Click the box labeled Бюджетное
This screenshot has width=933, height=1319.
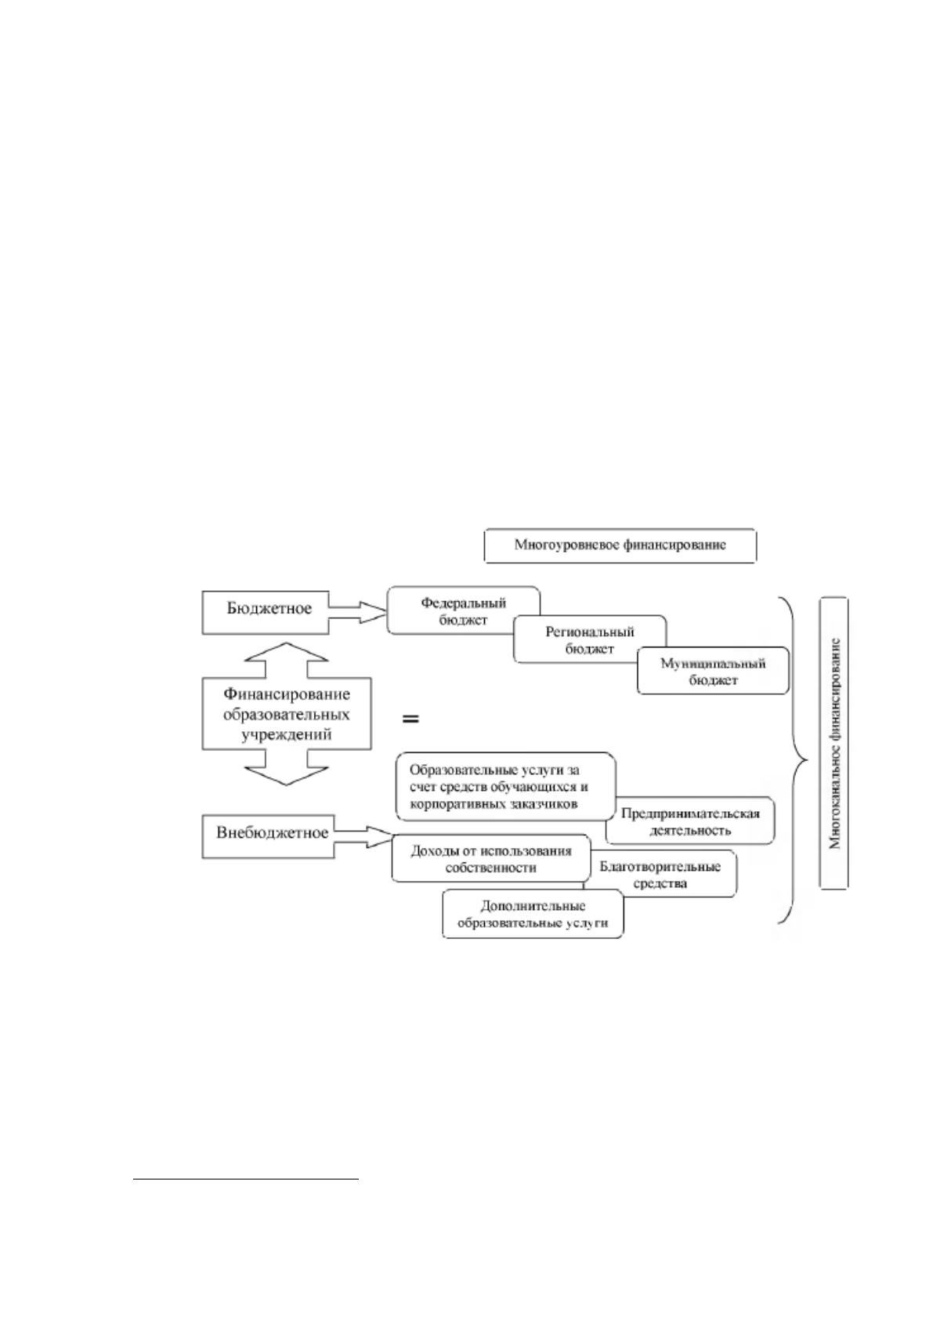pos(265,612)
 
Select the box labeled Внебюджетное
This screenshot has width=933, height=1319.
pos(268,836)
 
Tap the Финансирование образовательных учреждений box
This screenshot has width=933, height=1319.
pos(286,714)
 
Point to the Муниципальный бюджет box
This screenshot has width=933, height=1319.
pos(713,671)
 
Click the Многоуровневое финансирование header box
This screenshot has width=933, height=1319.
pos(620,545)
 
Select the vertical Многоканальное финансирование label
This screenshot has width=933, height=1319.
pos(834,743)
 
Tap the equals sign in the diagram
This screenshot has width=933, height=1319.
pos(410,719)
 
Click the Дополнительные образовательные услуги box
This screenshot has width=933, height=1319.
pos(533,914)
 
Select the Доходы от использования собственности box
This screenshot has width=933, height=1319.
pos(491,858)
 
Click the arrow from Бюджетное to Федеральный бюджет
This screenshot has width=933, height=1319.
pos(357,612)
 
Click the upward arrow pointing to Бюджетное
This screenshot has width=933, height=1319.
pos(286,660)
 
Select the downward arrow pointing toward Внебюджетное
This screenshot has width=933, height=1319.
pos(286,767)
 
